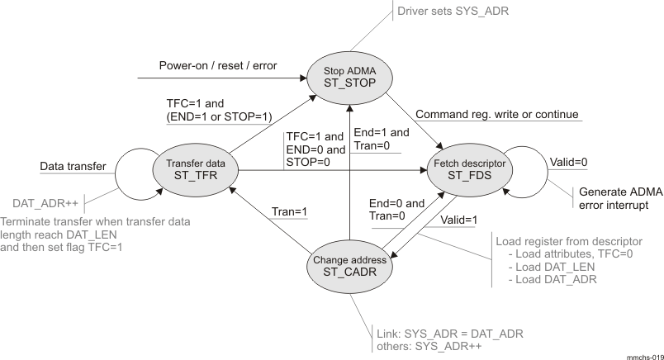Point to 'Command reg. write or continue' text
click(496, 114)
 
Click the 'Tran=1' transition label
click(290, 212)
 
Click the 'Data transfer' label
click(74, 167)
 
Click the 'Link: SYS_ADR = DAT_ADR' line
click(447, 333)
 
